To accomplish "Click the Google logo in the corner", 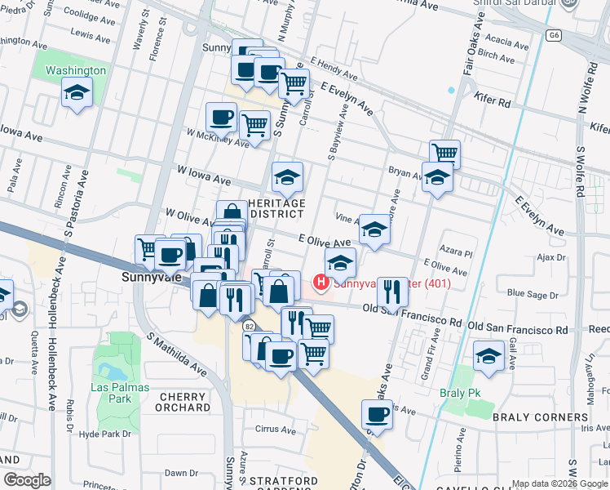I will (x=27, y=480).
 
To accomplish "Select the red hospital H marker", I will (x=321, y=283).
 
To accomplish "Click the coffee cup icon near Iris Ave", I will (x=378, y=413).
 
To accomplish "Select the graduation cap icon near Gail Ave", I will (x=488, y=356).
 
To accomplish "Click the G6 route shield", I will (x=555, y=35).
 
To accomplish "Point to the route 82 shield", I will (x=249, y=326).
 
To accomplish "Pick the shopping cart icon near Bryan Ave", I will (x=444, y=153).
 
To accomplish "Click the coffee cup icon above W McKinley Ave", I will (x=221, y=118).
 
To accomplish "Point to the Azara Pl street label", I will (x=457, y=254).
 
